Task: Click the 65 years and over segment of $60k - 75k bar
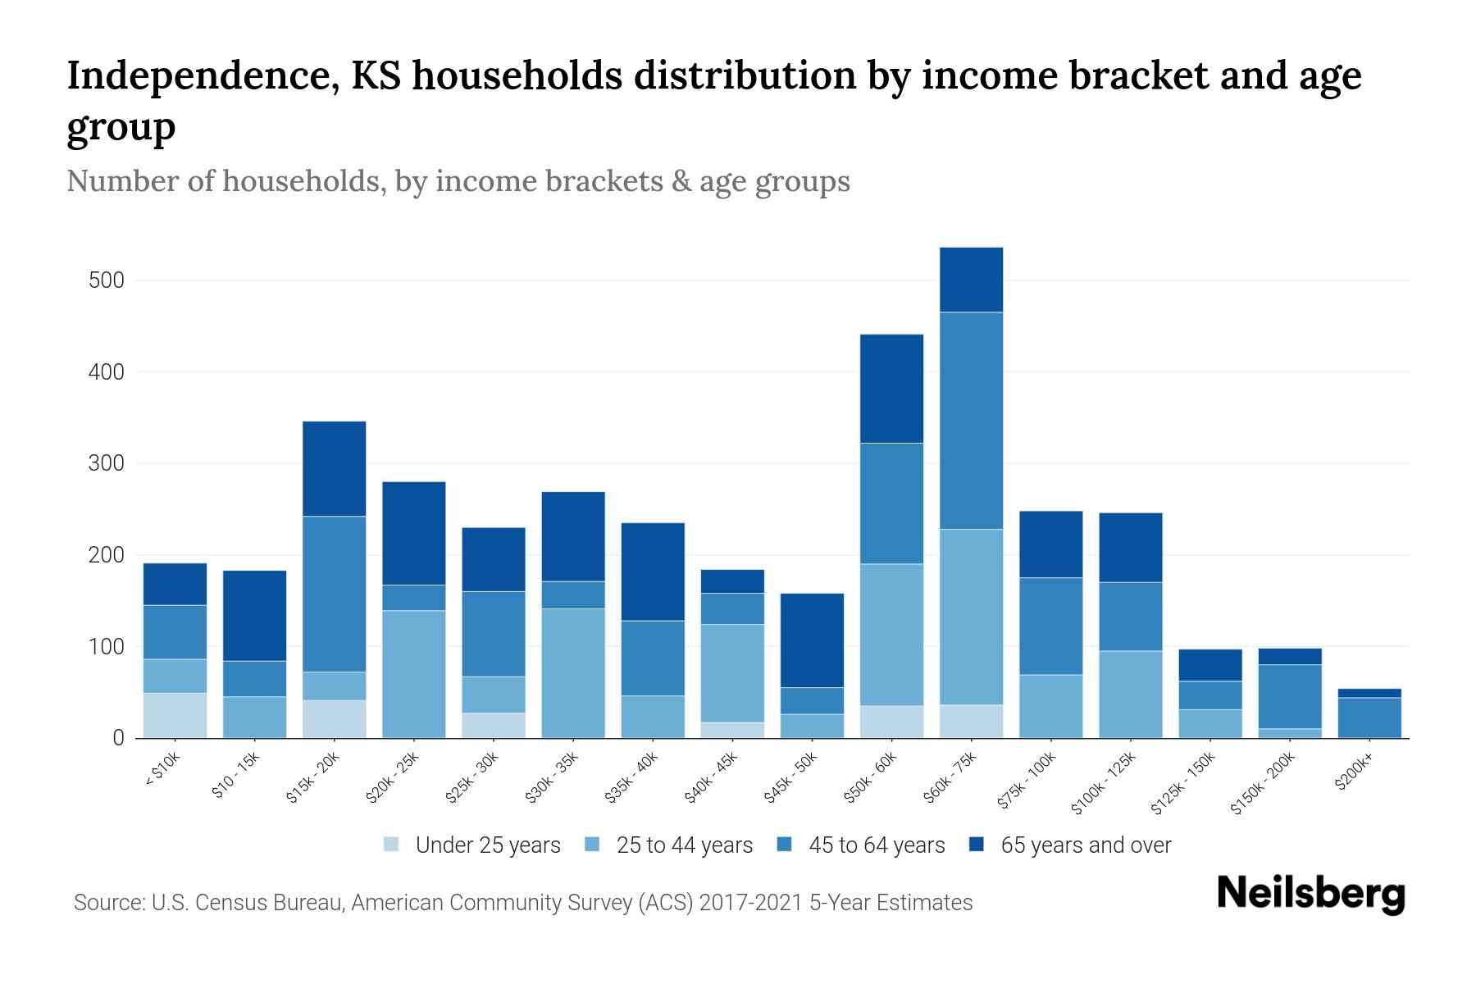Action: click(971, 280)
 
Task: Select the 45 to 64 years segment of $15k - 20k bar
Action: click(334, 594)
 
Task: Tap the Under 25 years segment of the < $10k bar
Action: click(175, 715)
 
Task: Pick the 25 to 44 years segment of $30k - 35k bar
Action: click(573, 672)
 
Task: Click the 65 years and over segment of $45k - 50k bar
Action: click(812, 640)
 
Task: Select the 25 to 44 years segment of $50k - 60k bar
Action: click(891, 634)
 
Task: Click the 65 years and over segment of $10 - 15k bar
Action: click(254, 615)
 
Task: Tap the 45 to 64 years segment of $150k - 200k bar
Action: click(1290, 696)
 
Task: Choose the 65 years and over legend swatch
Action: click(977, 845)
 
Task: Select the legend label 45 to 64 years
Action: click(877, 845)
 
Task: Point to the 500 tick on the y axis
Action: click(107, 280)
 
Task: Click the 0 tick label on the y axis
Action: click(119, 738)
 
